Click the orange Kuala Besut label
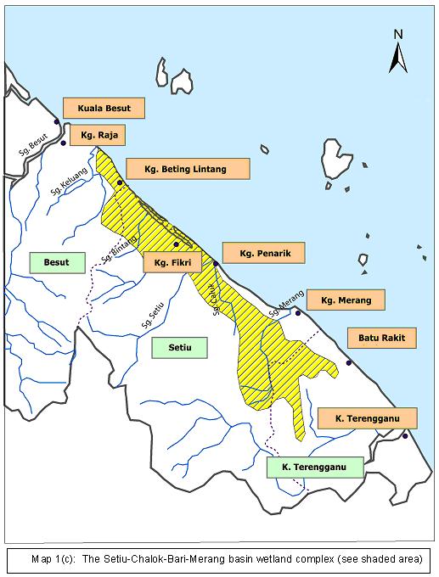coord(104,109)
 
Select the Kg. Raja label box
coord(98,134)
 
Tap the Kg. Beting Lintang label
coord(188,169)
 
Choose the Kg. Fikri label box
coord(172,262)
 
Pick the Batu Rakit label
coord(387,338)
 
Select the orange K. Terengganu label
coord(368,417)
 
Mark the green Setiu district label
coord(181,346)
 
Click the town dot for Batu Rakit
coord(349,363)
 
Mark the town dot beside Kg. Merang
coord(298,313)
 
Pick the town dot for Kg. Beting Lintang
coord(120,182)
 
